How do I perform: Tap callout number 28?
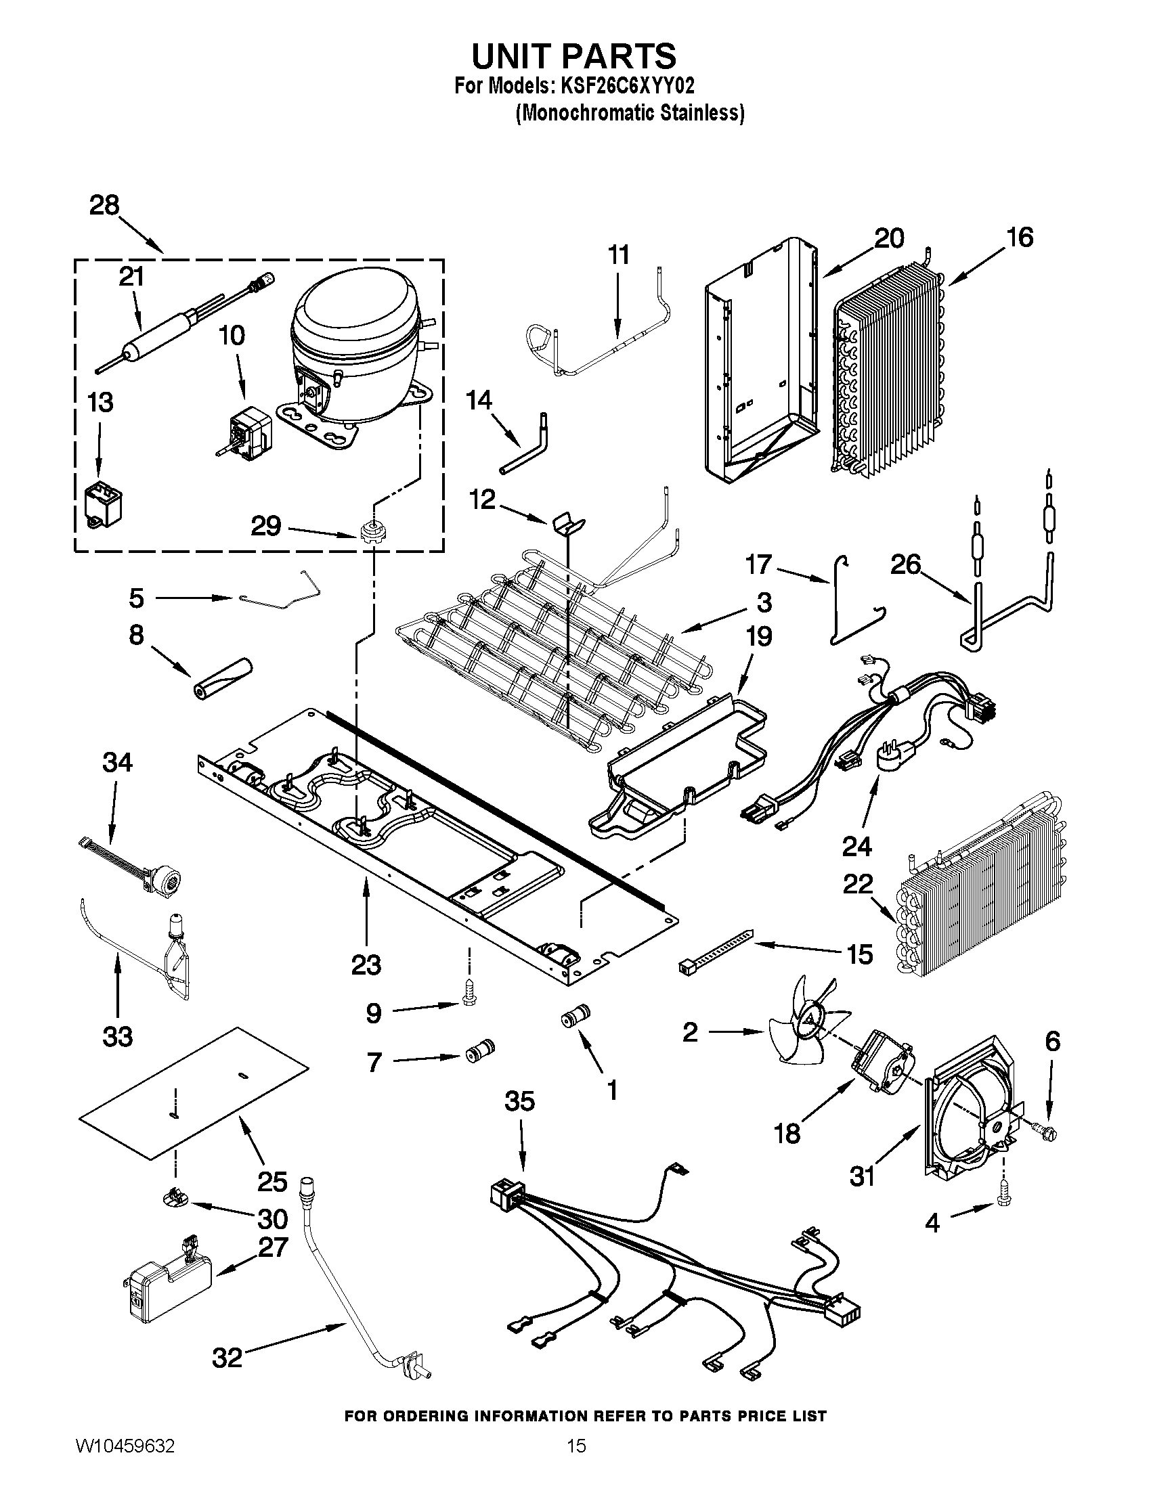(104, 205)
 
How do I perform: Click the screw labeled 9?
(469, 999)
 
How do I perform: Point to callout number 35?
(519, 1101)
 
